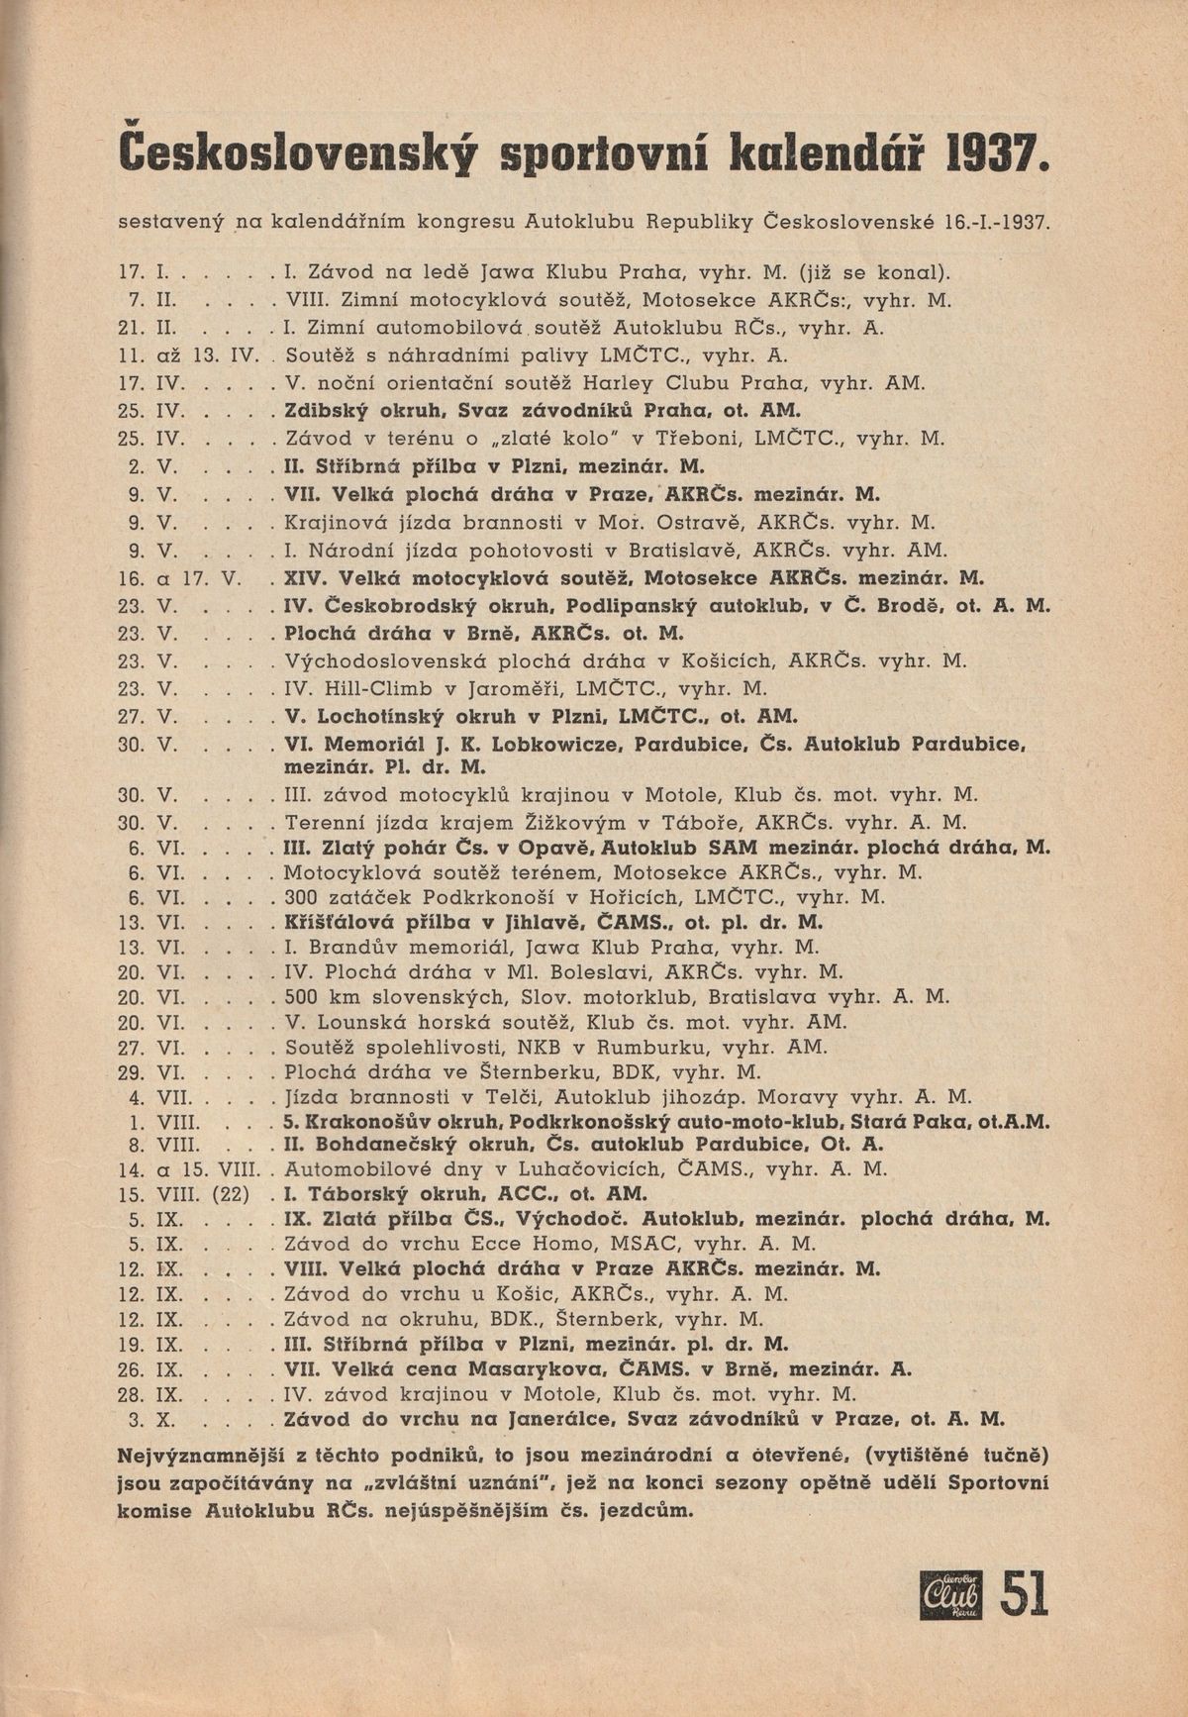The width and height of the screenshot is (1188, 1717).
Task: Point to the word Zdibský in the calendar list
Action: coord(320,411)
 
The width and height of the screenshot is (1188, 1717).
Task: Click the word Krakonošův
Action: coord(361,1122)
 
